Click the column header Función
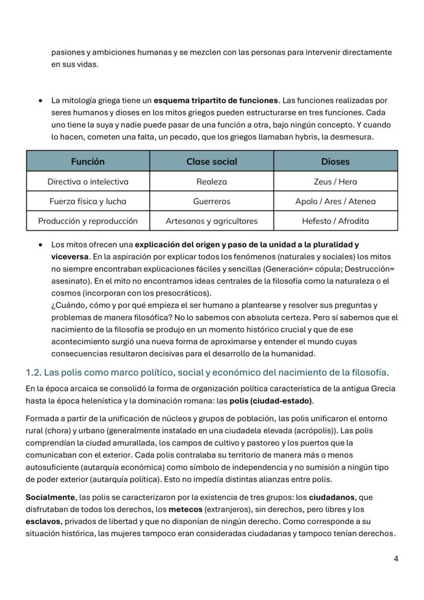88,161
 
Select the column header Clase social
211,161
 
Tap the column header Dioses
335,161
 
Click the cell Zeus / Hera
335,181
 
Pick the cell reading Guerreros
211,201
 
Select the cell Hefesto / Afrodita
335,221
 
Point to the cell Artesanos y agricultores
211,221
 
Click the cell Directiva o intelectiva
88,181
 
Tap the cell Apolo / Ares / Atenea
335,201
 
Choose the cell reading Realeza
211,181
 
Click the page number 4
396,558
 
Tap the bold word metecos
185,509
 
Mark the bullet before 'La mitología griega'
40,101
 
